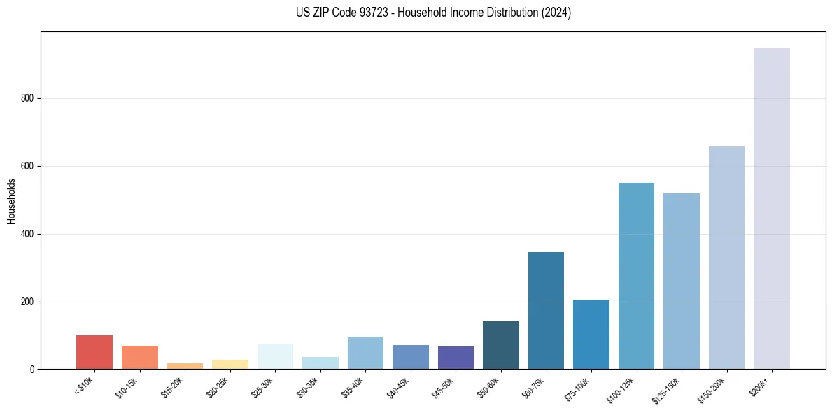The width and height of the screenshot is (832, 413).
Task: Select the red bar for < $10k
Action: (x=94, y=352)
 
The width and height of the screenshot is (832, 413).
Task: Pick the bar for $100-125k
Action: (x=636, y=276)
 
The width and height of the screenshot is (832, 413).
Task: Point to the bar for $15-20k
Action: (x=185, y=365)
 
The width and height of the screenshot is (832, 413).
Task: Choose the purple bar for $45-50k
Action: (x=456, y=358)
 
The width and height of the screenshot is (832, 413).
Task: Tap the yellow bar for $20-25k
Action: (x=230, y=364)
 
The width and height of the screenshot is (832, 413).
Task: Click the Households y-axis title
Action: (x=11, y=200)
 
